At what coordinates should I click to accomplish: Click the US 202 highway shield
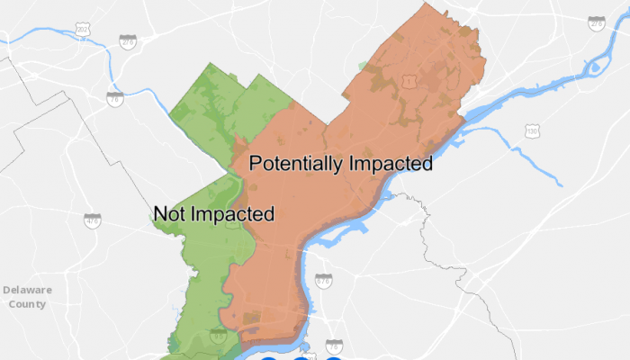tap(84, 31)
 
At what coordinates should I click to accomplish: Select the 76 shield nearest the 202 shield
tap(114, 99)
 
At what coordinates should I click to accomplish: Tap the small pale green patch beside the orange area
tap(363, 66)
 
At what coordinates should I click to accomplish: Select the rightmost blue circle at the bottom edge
tap(334, 357)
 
